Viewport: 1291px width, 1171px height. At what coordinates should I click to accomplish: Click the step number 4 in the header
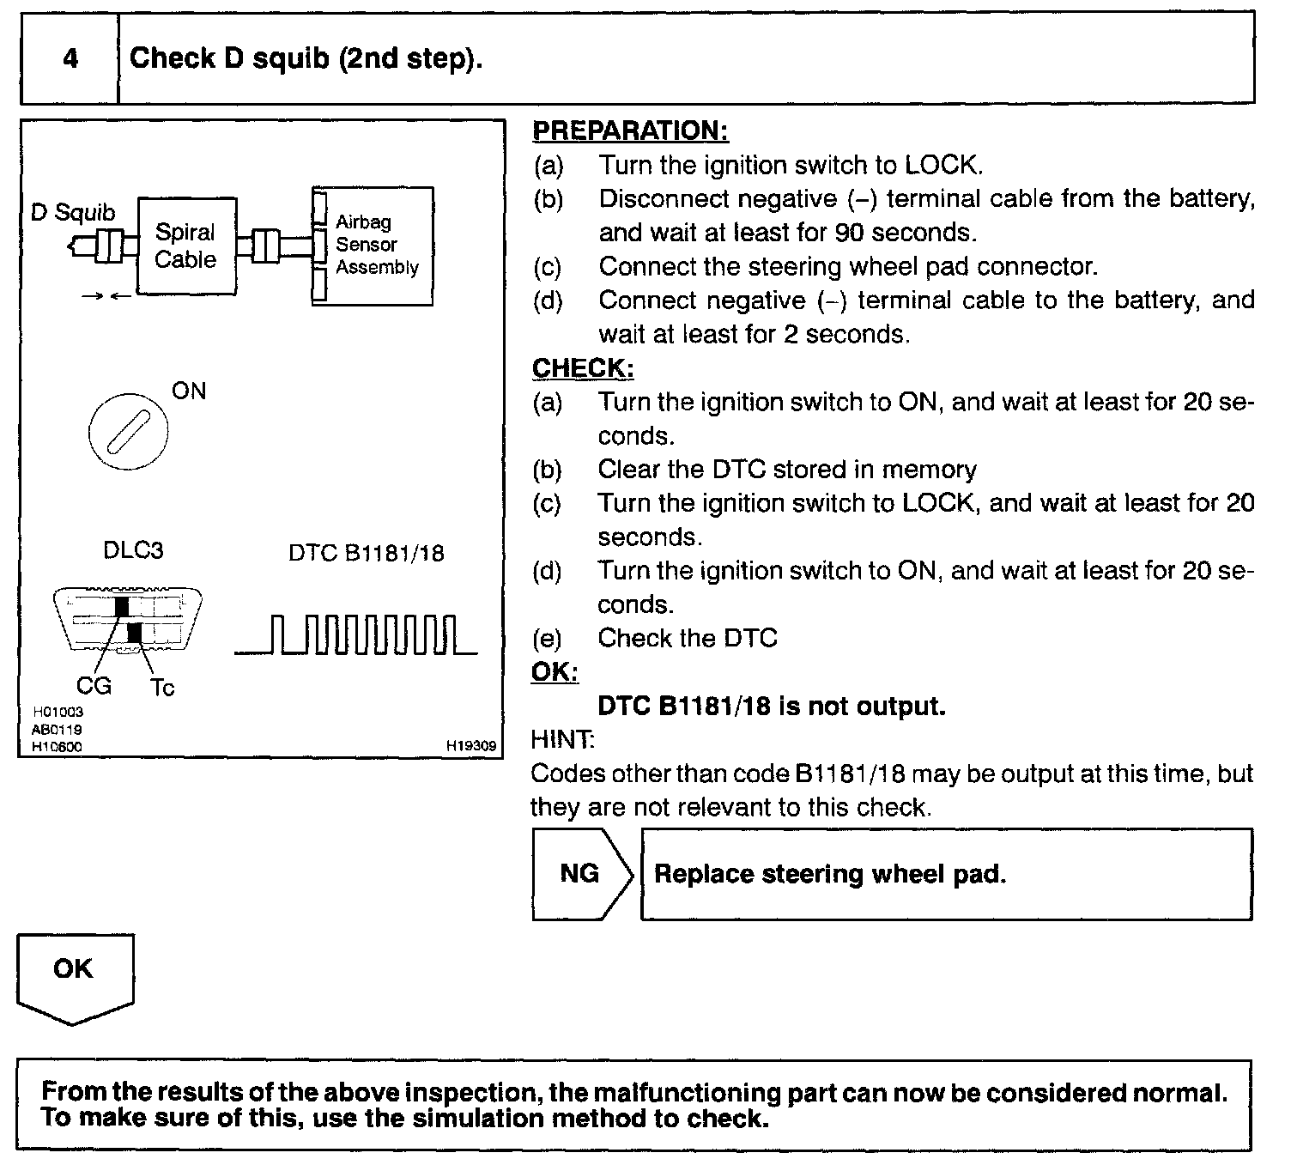[x=70, y=58]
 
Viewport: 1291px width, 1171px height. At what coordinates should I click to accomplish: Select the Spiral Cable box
[x=186, y=246]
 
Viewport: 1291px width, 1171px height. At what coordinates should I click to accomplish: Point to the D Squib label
[x=73, y=213]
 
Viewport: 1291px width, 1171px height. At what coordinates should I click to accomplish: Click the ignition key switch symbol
[x=129, y=433]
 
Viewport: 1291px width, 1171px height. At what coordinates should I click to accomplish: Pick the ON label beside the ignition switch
[x=189, y=391]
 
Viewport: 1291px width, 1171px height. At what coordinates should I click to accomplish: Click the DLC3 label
[x=133, y=550]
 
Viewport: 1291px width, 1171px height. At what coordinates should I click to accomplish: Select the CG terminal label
[x=94, y=686]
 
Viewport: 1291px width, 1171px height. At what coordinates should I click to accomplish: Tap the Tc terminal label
[x=162, y=688]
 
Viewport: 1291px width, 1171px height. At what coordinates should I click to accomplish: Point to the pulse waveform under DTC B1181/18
[x=356, y=635]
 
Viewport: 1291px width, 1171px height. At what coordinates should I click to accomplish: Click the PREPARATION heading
[x=630, y=130]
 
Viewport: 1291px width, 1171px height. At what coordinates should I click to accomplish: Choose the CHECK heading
[x=583, y=367]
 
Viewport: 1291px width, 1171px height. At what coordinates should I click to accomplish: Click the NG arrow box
[x=581, y=874]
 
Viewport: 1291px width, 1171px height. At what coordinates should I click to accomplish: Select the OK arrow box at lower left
[x=74, y=975]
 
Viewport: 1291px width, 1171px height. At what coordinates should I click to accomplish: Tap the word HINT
[x=562, y=739]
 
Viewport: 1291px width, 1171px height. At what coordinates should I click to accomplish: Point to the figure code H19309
[x=471, y=747]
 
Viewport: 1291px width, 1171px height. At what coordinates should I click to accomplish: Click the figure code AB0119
[x=58, y=730]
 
